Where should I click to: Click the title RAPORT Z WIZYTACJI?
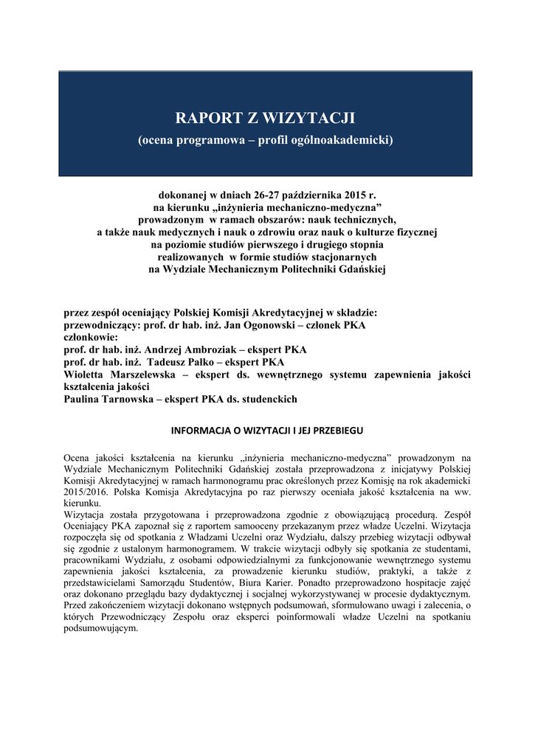coord(265,118)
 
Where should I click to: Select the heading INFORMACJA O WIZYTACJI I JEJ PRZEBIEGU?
coord(266,430)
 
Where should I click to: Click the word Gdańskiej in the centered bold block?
coord(360,269)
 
